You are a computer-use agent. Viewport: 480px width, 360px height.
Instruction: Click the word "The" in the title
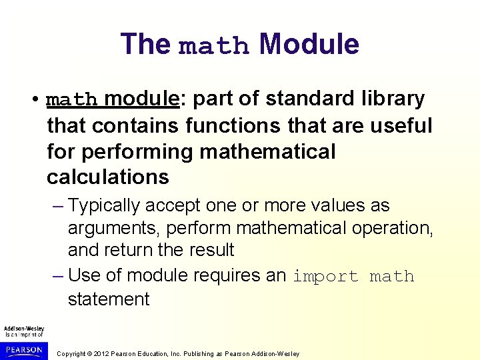146,44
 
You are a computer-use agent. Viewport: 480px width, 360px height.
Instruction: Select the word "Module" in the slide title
309,44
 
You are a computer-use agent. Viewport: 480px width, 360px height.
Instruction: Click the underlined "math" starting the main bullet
72,100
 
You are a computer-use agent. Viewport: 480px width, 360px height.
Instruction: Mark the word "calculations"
108,177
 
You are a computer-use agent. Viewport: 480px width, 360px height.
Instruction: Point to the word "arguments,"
114,228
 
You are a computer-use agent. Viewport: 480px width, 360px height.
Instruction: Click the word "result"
211,250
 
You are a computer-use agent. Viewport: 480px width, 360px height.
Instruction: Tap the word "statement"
109,299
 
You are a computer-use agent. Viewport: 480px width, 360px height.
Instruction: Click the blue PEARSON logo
23,349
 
